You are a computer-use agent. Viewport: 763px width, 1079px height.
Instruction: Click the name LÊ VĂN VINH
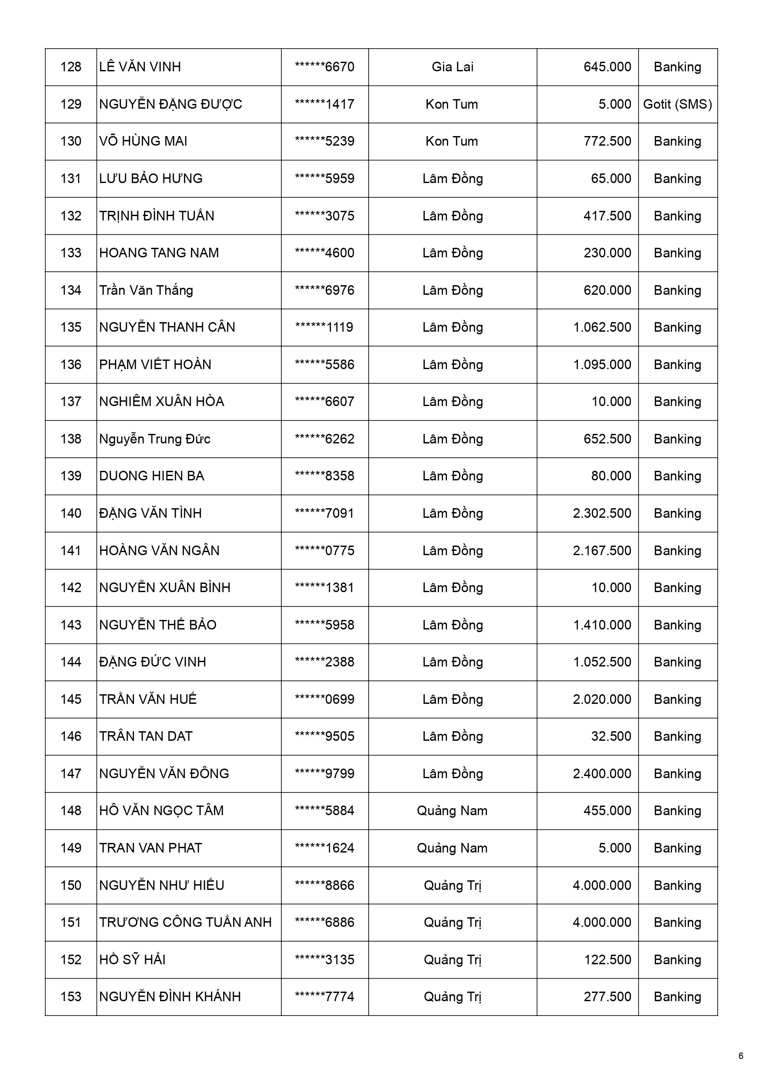140,67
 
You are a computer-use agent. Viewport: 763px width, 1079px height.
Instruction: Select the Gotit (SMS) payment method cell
677,104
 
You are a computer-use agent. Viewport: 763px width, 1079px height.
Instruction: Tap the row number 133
70,253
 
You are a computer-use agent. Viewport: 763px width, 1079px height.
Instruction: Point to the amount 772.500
607,141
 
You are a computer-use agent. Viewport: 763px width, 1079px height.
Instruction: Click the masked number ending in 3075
324,216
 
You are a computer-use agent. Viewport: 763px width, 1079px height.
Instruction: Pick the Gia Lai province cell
452,67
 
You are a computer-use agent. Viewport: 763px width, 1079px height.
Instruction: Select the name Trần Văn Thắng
146,290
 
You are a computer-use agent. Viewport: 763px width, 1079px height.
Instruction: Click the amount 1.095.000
602,364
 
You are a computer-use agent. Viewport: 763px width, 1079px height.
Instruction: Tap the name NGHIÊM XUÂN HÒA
161,401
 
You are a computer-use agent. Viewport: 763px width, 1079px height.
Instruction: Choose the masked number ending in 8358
324,476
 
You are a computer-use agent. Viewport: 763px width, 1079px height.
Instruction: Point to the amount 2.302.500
602,513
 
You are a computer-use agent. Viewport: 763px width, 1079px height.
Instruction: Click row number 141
70,550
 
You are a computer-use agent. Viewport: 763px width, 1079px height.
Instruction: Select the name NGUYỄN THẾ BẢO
157,625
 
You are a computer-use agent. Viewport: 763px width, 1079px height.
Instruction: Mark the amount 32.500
611,736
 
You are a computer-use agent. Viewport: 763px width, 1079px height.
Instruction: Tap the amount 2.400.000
602,773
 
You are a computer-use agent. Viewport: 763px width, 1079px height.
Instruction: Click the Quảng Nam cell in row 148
452,811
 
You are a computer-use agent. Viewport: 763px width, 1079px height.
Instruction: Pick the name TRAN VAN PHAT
150,848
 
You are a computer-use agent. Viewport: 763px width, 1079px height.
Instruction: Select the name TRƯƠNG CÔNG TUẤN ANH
185,922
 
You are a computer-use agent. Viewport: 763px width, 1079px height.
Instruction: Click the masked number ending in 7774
324,996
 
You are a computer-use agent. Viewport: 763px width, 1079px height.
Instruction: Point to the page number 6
741,1056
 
